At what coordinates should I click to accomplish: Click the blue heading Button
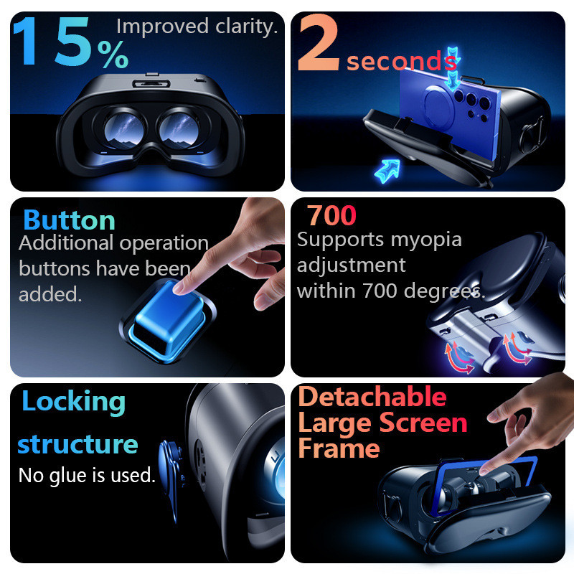tap(69, 220)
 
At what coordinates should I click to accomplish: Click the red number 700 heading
tap(331, 215)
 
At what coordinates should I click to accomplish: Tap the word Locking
tap(73, 401)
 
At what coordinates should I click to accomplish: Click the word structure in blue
tap(77, 444)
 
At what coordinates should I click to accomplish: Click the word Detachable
tap(372, 397)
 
